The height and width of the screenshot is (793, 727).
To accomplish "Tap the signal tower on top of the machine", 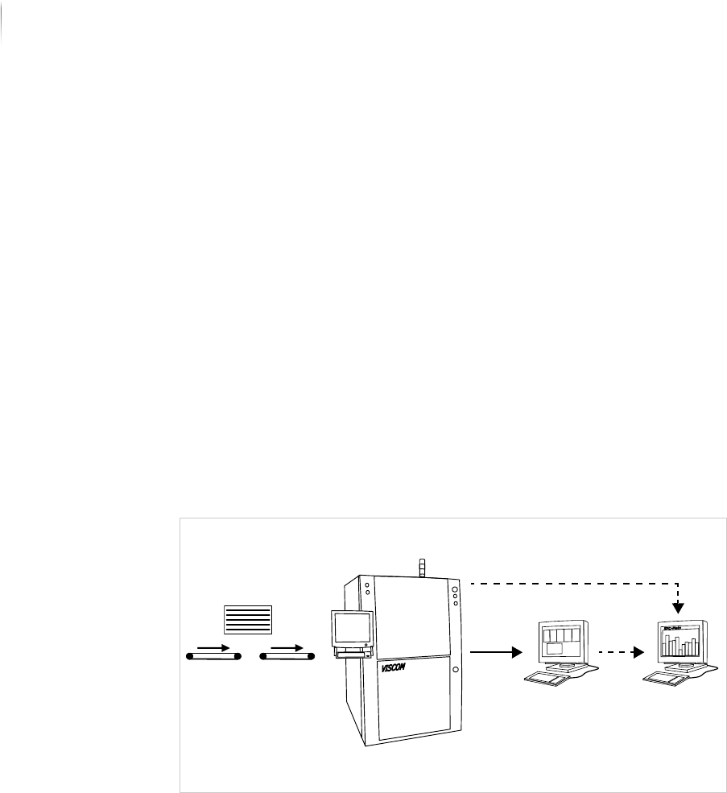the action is pyautogui.click(x=421, y=566).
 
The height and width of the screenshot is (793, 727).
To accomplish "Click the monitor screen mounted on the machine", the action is pyautogui.click(x=352, y=628).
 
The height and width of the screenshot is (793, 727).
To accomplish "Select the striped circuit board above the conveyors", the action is pyautogui.click(x=248, y=619).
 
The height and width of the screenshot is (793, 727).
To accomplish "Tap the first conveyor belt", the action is pyautogui.click(x=214, y=657).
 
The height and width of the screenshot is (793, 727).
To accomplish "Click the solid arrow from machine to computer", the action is pyautogui.click(x=492, y=653).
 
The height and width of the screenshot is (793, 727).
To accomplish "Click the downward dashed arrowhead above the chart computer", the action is pyautogui.click(x=679, y=605).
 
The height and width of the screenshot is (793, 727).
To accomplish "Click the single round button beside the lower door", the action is pyautogui.click(x=456, y=670).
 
